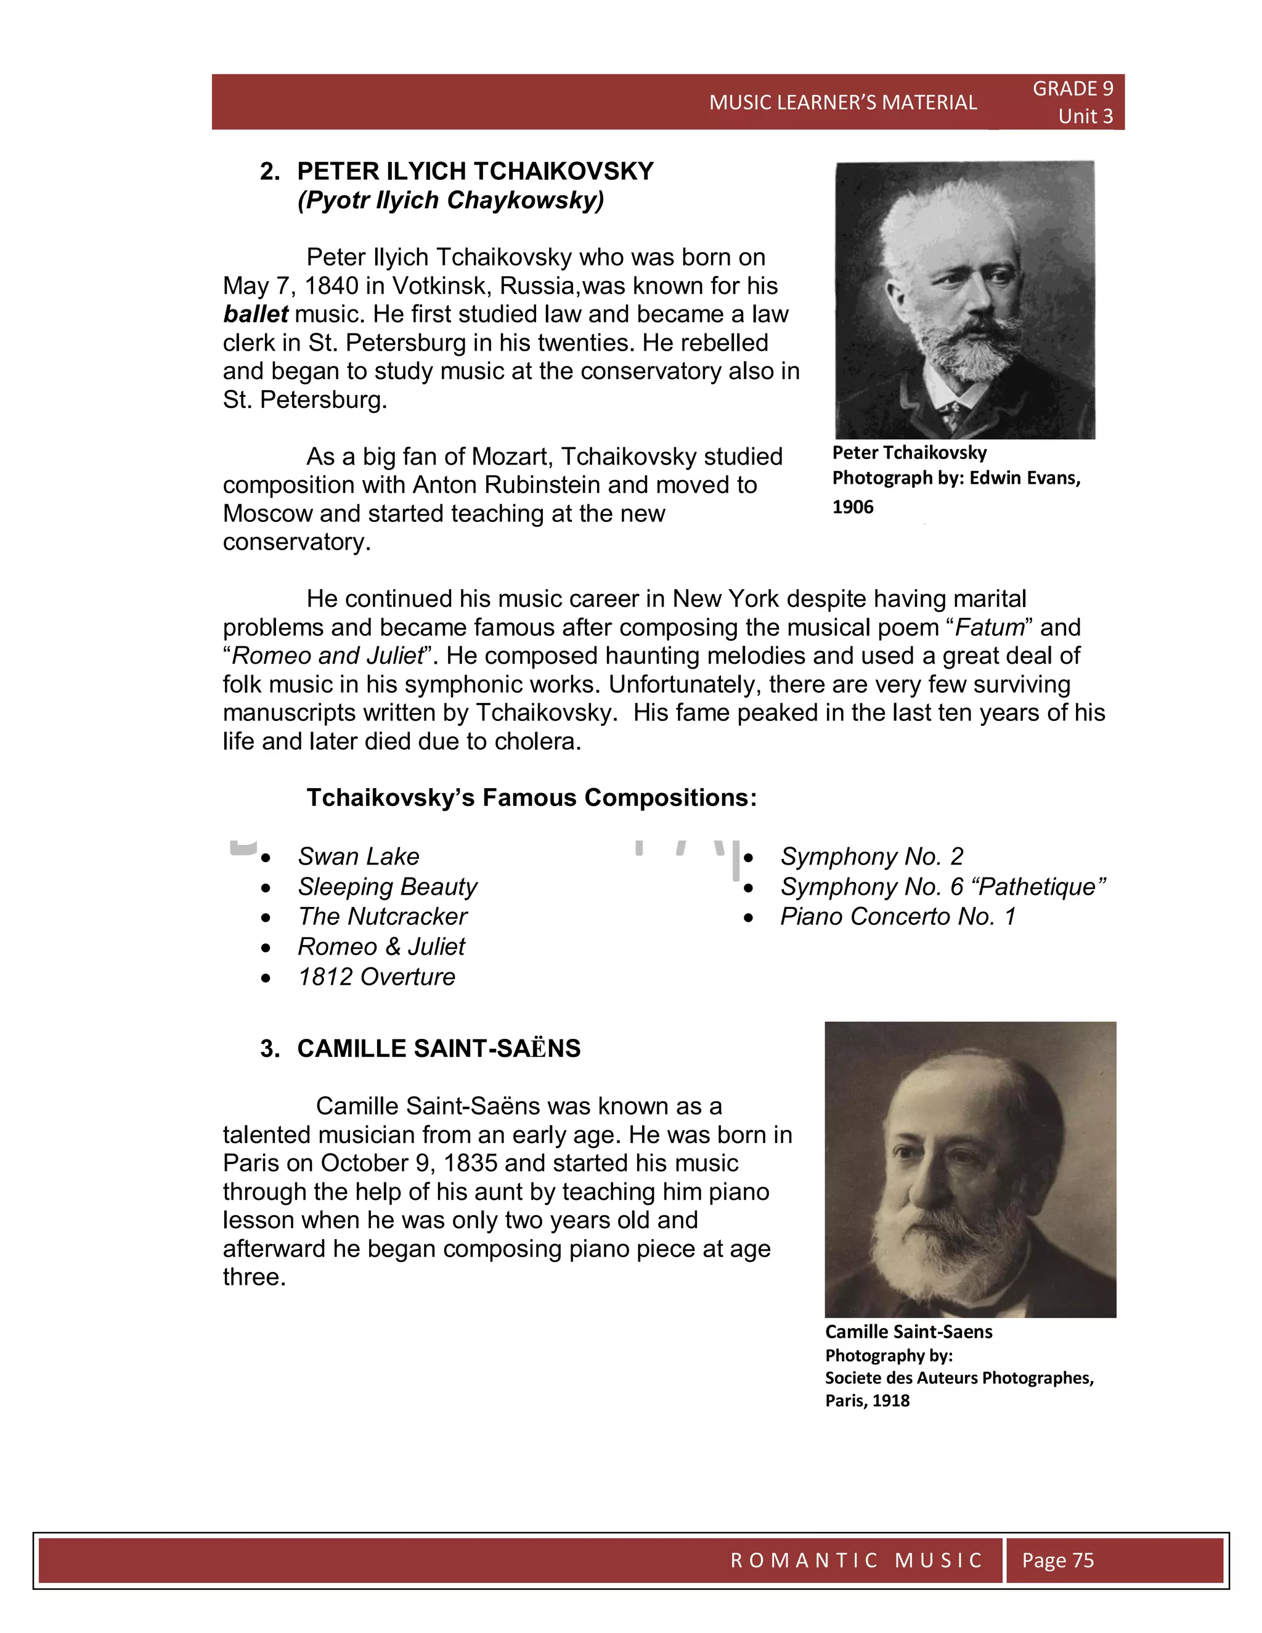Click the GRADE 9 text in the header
pyautogui.click(x=1072, y=89)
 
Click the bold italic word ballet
pyautogui.click(x=255, y=314)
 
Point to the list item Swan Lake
pyautogui.click(x=358, y=856)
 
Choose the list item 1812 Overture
pyautogui.click(x=376, y=977)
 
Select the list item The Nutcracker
pyautogui.click(x=382, y=917)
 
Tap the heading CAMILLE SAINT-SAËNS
pyautogui.click(x=438, y=1048)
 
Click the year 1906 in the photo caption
pyautogui.click(x=852, y=507)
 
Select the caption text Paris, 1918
pyautogui.click(x=866, y=1401)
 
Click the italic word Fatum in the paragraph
pyautogui.click(x=989, y=627)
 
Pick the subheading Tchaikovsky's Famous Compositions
pyautogui.click(x=531, y=798)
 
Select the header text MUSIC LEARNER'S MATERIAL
pyautogui.click(x=842, y=102)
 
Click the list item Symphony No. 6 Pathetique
pyautogui.click(x=942, y=887)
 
